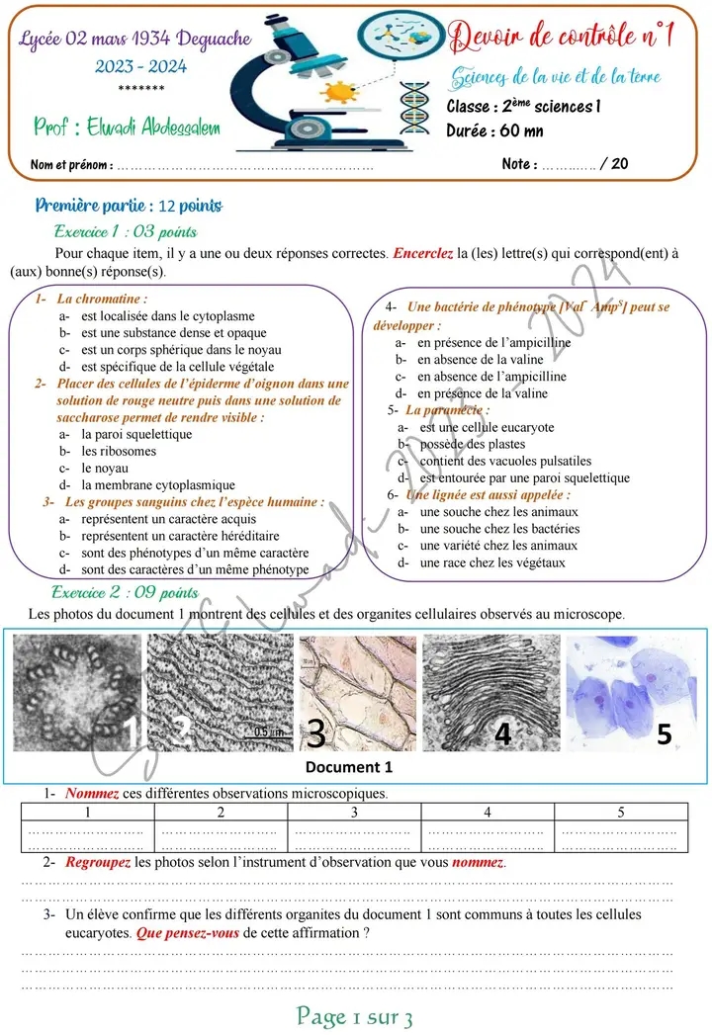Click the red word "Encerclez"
(x=423, y=254)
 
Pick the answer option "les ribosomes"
(x=119, y=452)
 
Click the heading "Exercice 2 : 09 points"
(x=125, y=593)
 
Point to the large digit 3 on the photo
(x=315, y=733)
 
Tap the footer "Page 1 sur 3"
(x=355, y=1016)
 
